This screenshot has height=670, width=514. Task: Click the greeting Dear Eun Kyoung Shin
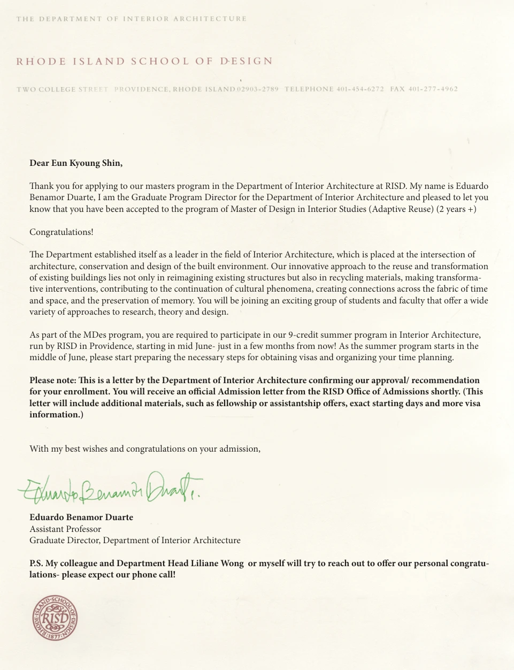pos(76,163)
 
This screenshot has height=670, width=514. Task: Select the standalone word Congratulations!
pos(61,232)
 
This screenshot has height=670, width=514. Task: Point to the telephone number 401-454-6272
pos(360,89)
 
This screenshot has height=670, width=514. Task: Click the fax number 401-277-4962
pos(433,89)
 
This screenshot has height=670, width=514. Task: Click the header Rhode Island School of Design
pos(144,62)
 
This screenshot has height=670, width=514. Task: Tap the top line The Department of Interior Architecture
pos(131,19)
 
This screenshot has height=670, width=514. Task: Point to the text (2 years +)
pos(456,209)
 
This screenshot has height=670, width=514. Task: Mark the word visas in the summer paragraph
pos(330,357)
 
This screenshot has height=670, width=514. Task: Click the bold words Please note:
pos(53,380)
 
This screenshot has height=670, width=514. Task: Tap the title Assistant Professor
pos(65,529)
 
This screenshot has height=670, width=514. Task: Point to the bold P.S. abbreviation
pos(36,563)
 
